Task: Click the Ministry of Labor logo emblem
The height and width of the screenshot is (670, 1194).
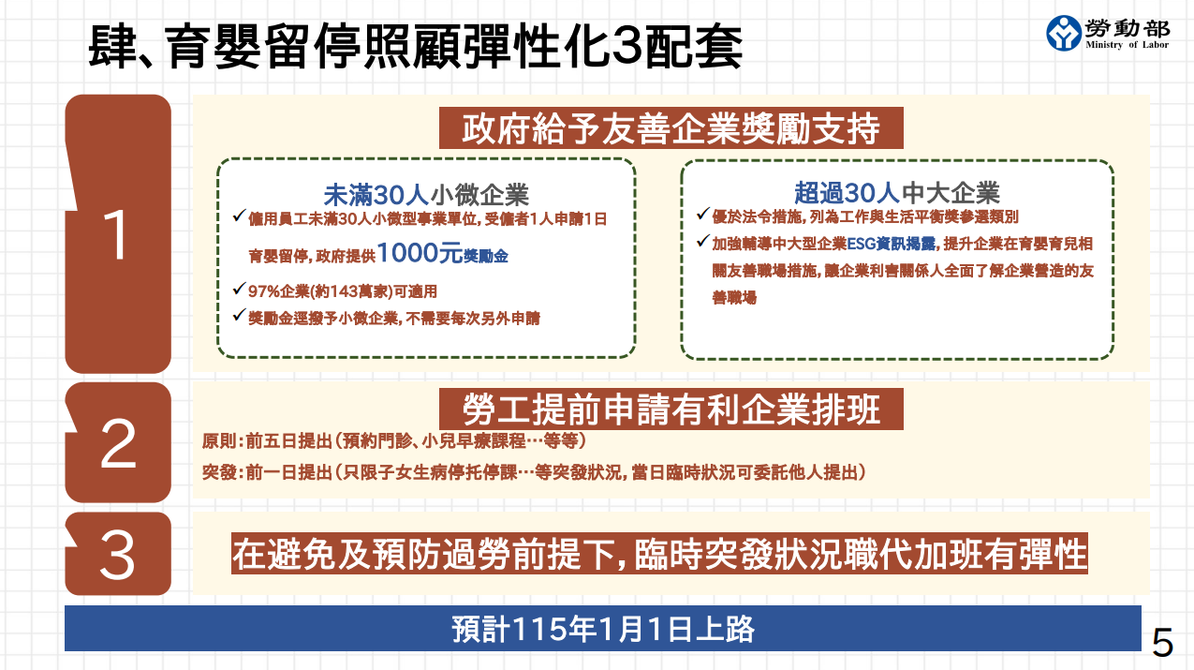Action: click(1064, 33)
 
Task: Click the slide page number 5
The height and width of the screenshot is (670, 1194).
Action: click(1162, 643)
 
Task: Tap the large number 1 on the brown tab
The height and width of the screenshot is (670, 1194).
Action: click(116, 234)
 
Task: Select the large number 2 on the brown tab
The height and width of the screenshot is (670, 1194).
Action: click(118, 443)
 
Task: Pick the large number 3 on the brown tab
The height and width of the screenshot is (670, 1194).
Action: click(117, 556)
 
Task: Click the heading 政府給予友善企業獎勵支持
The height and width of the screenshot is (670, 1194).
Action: click(671, 128)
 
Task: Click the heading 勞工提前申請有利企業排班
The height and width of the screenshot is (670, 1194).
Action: click(671, 409)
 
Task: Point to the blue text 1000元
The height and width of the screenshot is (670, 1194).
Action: click(420, 253)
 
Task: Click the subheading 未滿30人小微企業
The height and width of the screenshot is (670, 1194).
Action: click(426, 195)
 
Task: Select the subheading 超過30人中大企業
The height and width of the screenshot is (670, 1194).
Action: click(896, 193)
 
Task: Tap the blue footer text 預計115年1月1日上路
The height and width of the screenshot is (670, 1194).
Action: click(603, 629)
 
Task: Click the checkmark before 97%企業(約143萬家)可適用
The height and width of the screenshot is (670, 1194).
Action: click(239, 289)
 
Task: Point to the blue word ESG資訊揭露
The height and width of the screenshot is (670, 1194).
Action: click(892, 244)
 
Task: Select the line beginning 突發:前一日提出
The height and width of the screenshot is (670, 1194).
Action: click(533, 472)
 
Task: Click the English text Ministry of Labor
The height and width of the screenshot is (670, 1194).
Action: click(1127, 45)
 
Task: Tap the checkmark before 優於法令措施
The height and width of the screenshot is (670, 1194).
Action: click(702, 214)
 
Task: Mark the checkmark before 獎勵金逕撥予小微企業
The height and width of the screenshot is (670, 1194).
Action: click(239, 315)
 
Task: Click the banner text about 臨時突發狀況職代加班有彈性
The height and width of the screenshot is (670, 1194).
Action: click(659, 554)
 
